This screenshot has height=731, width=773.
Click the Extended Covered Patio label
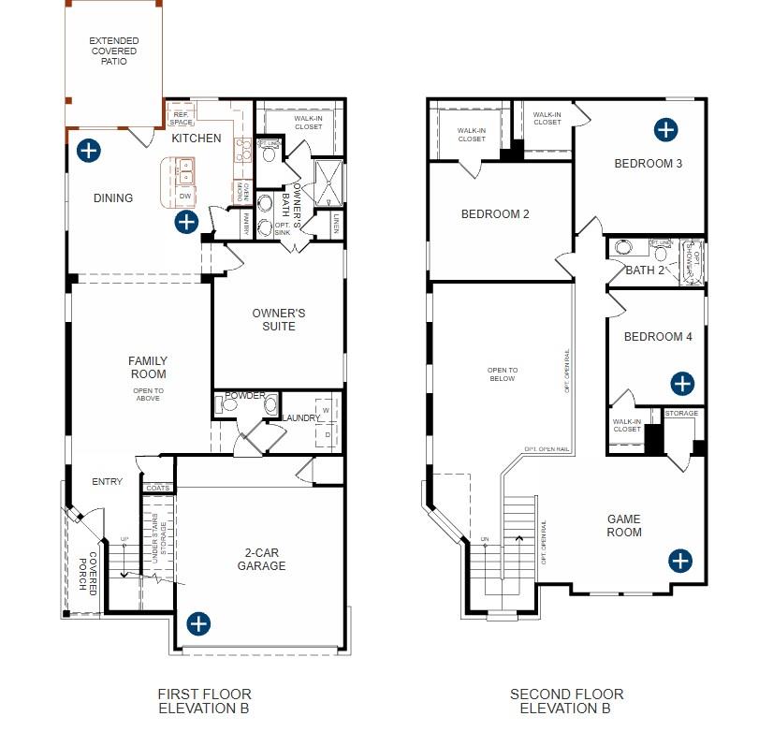click(114, 51)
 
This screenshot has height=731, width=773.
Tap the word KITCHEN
click(197, 139)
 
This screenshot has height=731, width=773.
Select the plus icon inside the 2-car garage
click(198, 623)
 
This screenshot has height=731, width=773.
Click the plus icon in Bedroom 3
click(665, 129)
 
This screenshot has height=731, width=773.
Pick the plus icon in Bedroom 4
click(683, 383)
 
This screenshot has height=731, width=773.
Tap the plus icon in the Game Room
click(680, 561)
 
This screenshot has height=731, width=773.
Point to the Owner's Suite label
click(279, 319)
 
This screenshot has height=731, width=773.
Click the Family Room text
click(148, 367)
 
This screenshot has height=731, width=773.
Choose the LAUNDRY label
click(301, 417)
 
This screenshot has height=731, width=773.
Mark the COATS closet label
click(158, 488)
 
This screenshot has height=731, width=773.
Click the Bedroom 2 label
click(495, 214)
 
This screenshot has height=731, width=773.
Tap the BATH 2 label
click(645, 270)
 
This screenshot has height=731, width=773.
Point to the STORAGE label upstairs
click(681, 414)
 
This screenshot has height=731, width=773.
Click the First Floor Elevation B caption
click(204, 701)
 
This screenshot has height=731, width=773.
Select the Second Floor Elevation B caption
click(566, 701)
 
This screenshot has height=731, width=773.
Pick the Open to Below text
click(503, 374)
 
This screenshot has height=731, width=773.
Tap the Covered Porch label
click(88, 573)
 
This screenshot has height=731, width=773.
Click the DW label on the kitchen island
click(185, 196)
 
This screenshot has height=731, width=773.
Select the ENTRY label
click(108, 482)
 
